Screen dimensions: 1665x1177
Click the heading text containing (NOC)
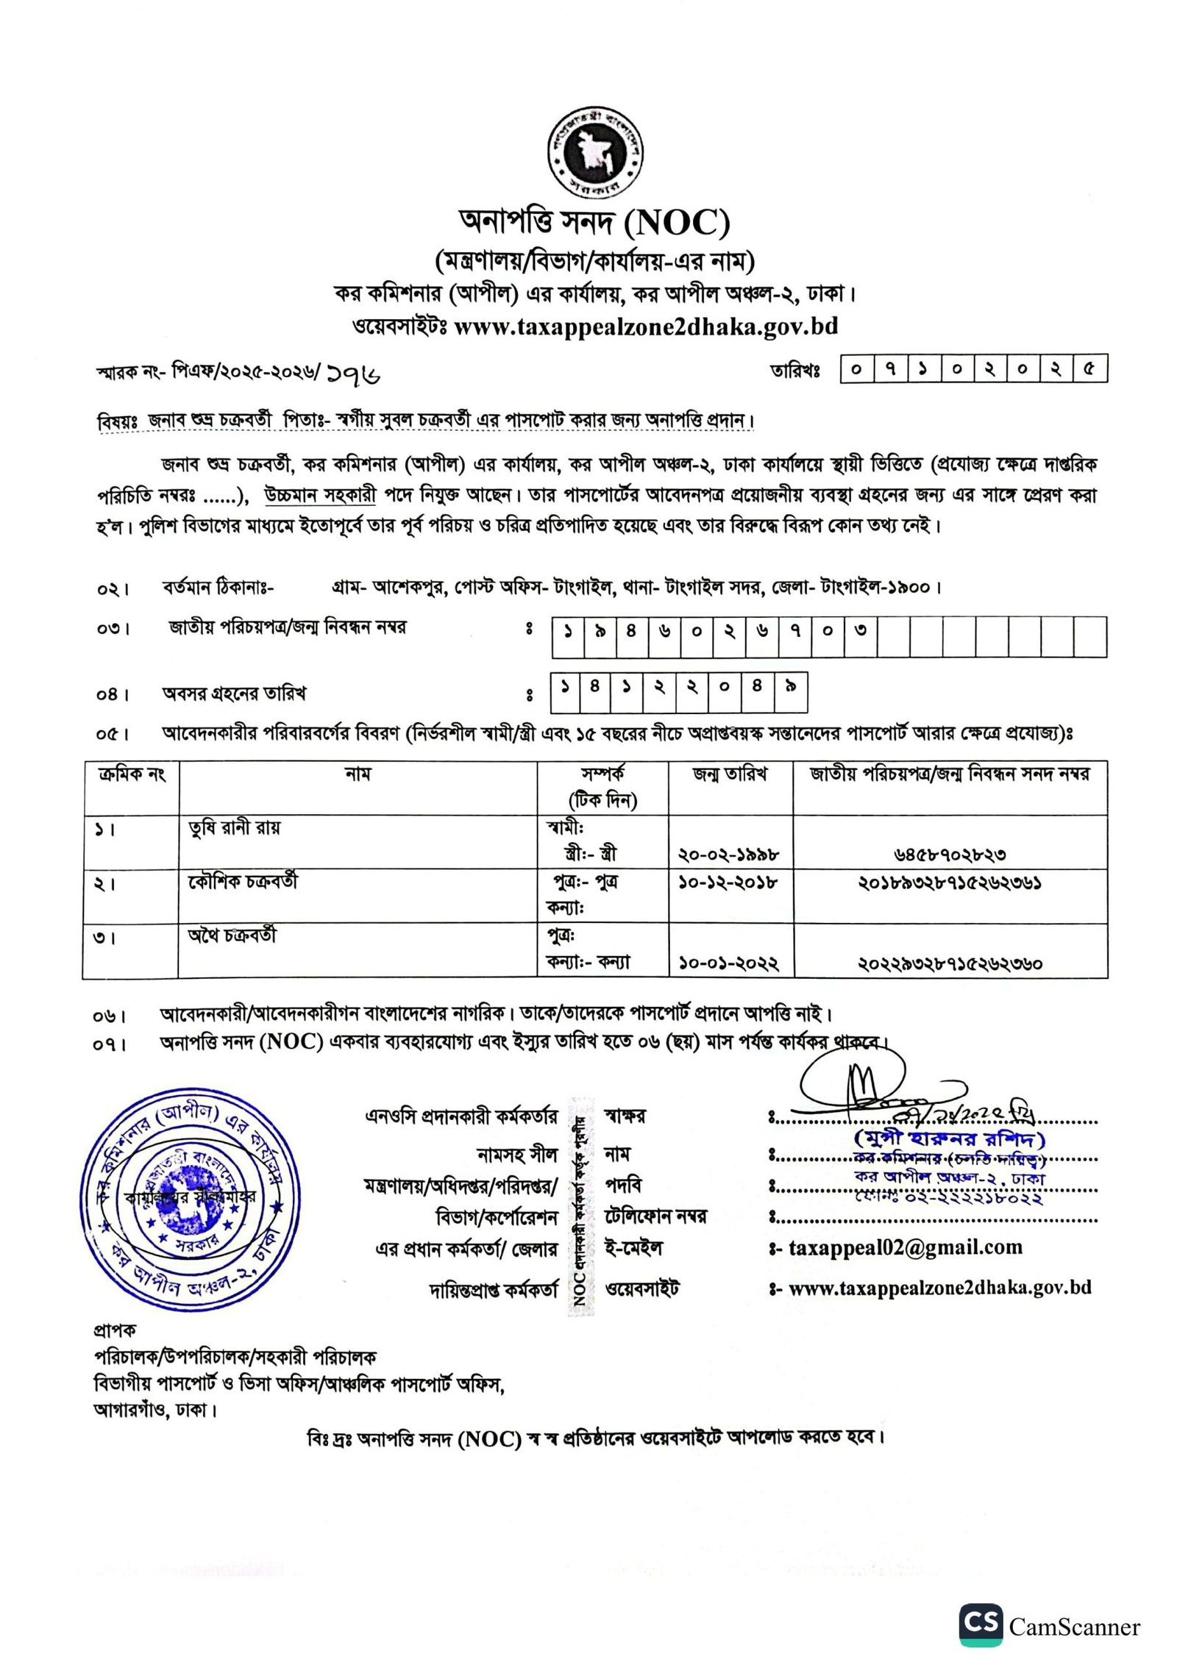click(594, 222)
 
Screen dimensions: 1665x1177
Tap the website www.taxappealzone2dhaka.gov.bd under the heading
click(645, 326)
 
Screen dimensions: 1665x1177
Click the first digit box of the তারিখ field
click(856, 369)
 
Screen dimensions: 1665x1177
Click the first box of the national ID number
click(568, 631)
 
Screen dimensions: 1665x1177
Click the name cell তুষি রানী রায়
click(234, 828)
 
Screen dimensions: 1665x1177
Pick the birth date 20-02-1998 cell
click(728, 855)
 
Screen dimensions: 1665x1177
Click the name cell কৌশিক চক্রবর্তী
click(243, 881)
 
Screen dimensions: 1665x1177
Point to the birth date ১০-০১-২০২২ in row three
click(728, 963)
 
